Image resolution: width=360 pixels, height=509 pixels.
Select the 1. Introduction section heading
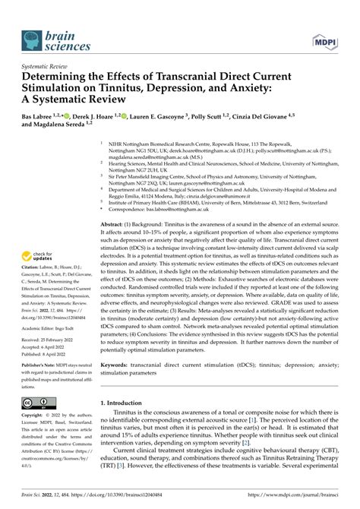click(130, 423)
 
